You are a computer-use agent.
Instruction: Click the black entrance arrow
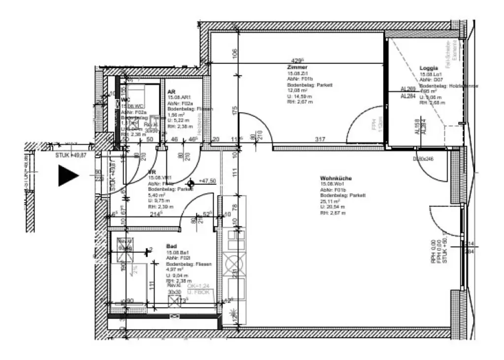click(67, 176)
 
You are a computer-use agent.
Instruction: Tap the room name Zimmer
click(297, 67)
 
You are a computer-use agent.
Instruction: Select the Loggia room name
click(428, 68)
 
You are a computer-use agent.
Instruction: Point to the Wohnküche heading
click(336, 178)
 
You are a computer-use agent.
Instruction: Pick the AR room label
click(171, 92)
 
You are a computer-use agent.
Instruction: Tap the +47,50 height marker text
click(207, 181)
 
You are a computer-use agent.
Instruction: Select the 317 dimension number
click(320, 140)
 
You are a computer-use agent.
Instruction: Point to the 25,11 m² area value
click(330, 201)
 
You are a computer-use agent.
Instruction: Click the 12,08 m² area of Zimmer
click(297, 90)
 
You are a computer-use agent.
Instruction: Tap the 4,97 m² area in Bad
click(174, 270)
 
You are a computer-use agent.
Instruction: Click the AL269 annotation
click(408, 89)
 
